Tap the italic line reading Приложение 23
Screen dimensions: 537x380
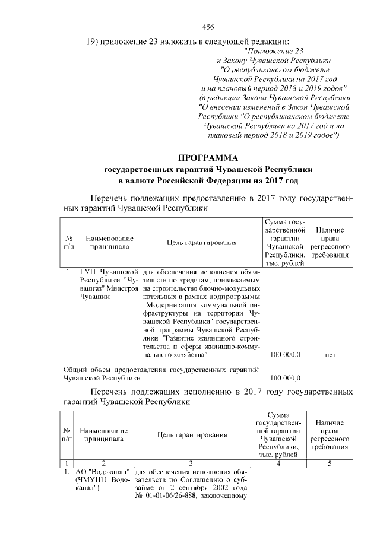pyautogui.click(x=278, y=51)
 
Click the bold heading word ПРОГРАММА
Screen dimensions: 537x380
pyautogui.click(x=208, y=158)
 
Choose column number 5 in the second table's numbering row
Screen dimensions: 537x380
pyautogui.click(x=330, y=463)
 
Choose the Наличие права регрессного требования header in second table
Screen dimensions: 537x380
pyautogui.click(x=330, y=433)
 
